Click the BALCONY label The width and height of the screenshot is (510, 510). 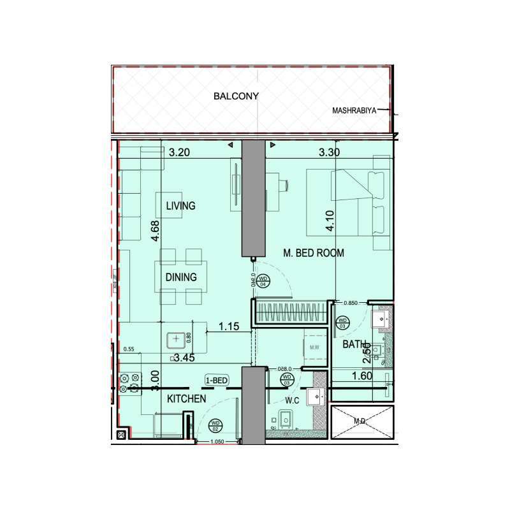[x=235, y=97]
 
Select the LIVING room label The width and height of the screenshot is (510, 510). [x=180, y=206]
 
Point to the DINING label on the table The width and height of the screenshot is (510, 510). [x=181, y=277]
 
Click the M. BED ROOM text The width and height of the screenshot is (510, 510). [x=313, y=253]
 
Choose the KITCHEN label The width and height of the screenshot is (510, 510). [x=186, y=399]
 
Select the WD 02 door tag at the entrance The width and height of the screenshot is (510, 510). [x=215, y=425]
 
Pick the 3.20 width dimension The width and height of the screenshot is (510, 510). [x=181, y=152]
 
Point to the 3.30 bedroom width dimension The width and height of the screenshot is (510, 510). [x=330, y=152]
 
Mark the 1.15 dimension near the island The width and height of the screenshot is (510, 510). [x=229, y=326]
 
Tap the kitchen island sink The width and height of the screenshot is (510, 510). [x=176, y=340]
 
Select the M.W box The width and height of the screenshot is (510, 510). [x=314, y=347]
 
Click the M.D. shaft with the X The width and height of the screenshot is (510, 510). [x=360, y=421]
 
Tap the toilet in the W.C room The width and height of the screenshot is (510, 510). [x=286, y=420]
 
